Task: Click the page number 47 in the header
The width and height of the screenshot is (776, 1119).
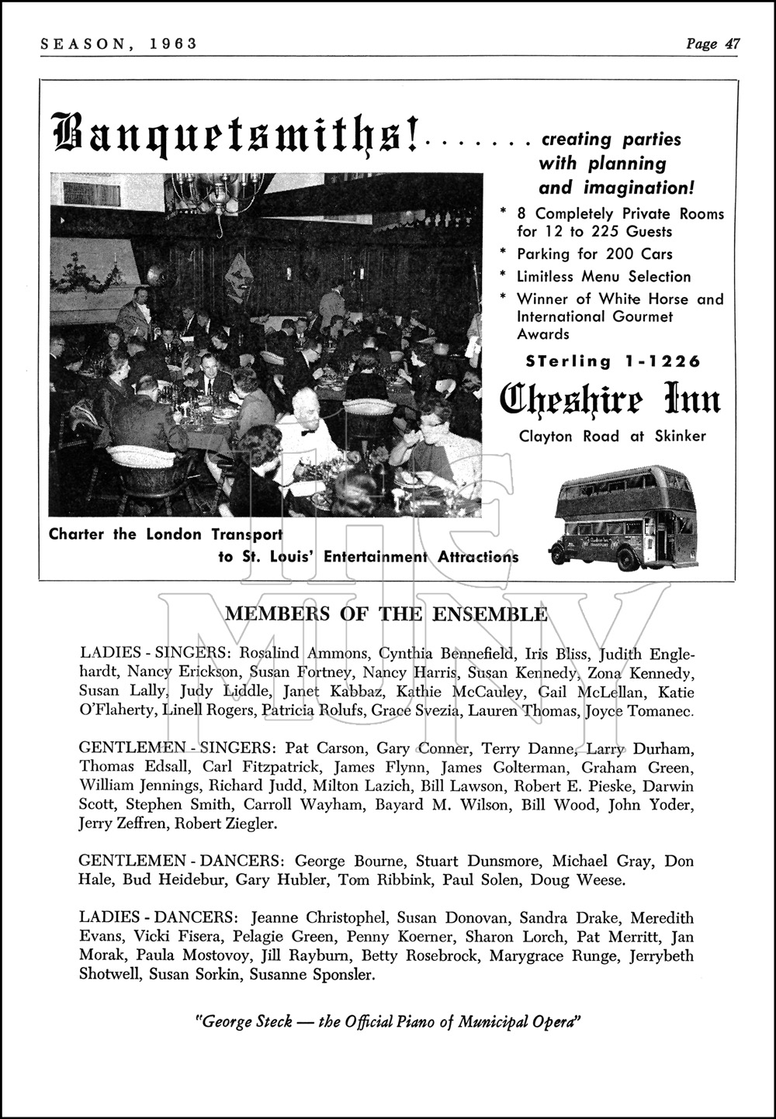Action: [732, 44]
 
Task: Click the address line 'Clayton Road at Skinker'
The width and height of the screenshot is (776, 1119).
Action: [612, 437]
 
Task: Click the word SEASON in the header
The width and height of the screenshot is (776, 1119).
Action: [74, 44]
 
